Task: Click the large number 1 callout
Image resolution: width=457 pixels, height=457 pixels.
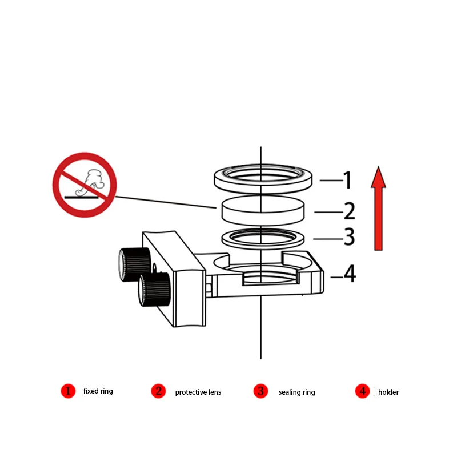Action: coord(347,181)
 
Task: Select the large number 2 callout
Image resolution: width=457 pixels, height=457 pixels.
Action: coord(349,211)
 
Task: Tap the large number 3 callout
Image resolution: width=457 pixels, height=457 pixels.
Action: coord(349,236)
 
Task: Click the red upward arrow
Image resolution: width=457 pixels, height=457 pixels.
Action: coord(379,208)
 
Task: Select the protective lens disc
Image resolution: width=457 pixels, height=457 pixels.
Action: coord(261,210)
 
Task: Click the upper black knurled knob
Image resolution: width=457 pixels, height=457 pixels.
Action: coord(130,263)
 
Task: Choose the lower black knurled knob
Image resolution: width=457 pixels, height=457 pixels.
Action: coord(154,290)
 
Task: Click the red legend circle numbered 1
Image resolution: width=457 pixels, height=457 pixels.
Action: coord(68,391)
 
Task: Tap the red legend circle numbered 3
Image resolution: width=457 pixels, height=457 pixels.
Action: coord(260,391)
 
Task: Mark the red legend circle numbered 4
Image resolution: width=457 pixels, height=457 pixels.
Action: coord(362,391)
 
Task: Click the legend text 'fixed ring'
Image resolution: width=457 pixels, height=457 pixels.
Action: coord(98,391)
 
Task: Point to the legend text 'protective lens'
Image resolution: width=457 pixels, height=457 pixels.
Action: coord(198,392)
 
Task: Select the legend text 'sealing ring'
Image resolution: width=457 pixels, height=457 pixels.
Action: coord(296,392)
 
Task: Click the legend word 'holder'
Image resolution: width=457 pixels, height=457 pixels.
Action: coord(388,392)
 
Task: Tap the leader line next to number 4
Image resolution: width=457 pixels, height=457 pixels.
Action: coord(336,277)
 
